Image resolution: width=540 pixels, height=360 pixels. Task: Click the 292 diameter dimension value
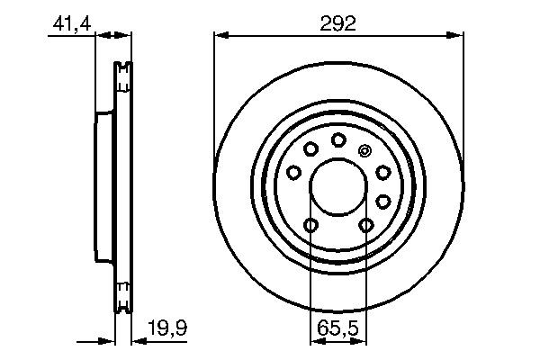(338, 22)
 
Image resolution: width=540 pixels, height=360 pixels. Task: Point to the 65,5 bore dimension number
(337, 328)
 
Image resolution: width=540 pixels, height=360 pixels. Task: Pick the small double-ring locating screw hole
(364, 151)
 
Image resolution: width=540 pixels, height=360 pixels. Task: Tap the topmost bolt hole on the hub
(338, 139)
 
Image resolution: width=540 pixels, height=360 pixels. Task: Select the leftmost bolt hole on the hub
(294, 172)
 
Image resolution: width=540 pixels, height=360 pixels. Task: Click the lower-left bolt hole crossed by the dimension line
(310, 224)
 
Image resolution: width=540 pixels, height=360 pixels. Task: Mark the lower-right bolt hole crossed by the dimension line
(366, 224)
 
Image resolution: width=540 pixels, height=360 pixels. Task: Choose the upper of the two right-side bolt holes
(382, 172)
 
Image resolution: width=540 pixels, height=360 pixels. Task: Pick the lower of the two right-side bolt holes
(383, 200)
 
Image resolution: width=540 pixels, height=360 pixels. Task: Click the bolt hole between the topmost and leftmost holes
(311, 149)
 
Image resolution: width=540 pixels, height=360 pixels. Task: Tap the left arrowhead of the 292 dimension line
(220, 36)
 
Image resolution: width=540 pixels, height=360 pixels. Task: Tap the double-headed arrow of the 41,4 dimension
(113, 36)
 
